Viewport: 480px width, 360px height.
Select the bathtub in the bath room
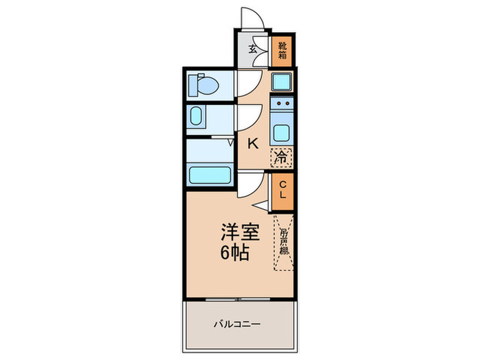click(x=210, y=175)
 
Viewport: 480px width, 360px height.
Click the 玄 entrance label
click(x=253, y=49)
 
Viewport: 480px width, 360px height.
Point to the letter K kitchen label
click(x=252, y=143)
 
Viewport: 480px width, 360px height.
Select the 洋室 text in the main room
click(x=239, y=232)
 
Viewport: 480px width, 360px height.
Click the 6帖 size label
click(x=235, y=252)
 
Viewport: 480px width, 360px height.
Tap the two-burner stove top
click(x=281, y=105)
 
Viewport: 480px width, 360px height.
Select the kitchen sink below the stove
click(x=281, y=131)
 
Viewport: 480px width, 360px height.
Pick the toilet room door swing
click(x=247, y=84)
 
